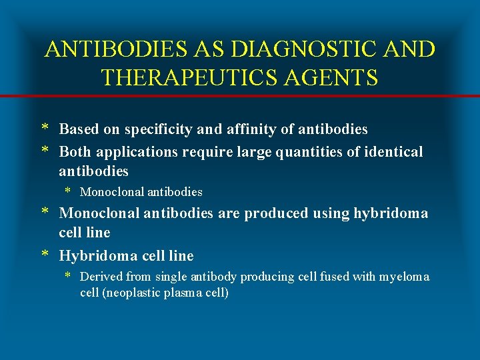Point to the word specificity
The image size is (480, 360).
coord(147,129)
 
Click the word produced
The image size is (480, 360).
coord(275,213)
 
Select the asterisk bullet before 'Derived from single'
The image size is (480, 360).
coord(68,276)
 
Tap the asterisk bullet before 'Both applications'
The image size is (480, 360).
coord(44,151)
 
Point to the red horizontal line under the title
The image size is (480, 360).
coord(240,96)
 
